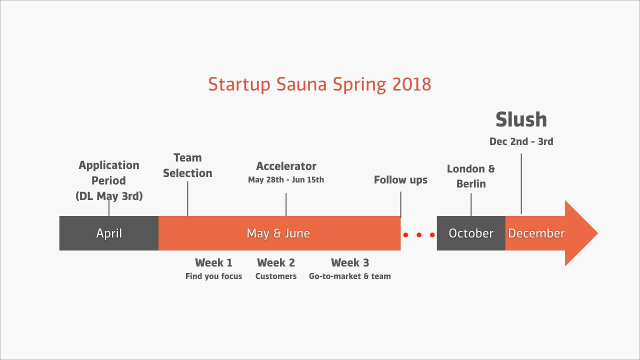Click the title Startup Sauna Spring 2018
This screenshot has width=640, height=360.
coord(319,84)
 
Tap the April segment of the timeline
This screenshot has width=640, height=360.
coord(109,233)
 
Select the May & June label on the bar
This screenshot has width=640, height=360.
coord(278,233)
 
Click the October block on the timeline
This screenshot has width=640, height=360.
coord(471,233)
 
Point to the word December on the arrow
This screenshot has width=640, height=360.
coord(536,233)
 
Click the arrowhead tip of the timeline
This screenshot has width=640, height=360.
coord(597,233)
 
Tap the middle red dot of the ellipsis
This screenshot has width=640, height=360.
coord(419,235)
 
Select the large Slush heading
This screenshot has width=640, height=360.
coord(521,119)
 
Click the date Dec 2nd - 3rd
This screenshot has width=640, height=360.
coord(521,141)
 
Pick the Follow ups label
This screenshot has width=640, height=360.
coord(400,180)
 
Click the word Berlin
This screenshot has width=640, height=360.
coord(471,183)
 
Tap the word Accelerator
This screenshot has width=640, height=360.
coord(286,166)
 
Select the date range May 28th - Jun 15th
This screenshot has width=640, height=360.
coord(286,179)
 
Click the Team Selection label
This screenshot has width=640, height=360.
coord(187,165)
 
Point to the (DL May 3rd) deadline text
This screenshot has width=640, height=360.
coord(109,196)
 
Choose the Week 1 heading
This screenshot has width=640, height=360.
coord(213,262)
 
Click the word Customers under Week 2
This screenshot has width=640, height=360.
coord(276,276)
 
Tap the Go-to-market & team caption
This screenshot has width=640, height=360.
coord(349,276)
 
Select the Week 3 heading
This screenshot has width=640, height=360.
coord(350,262)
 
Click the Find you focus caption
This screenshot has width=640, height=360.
coord(213,276)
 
